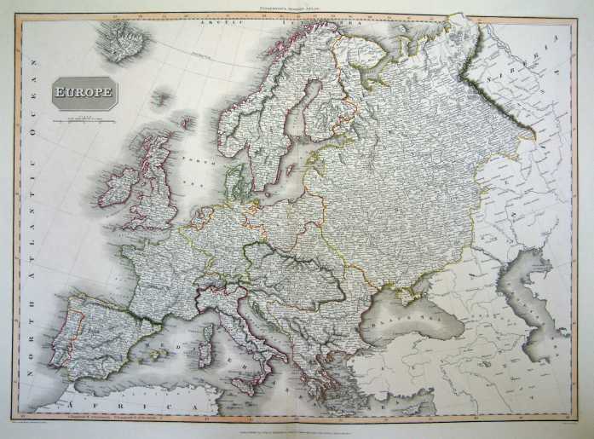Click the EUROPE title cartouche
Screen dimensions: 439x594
(x=85, y=92)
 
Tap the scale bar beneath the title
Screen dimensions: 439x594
(x=84, y=120)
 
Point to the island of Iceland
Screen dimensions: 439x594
(x=122, y=40)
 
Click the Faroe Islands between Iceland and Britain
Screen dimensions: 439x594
(x=160, y=100)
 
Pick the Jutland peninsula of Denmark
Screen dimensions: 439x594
(x=234, y=181)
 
